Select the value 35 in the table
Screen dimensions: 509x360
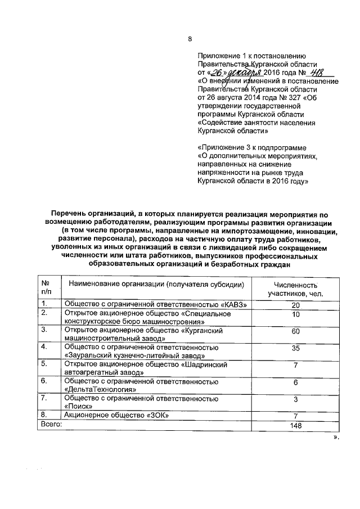[295, 349]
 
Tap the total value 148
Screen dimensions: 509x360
[295, 425]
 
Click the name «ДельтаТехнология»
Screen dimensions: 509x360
[101, 389]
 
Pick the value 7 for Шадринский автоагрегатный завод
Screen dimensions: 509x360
[295, 366]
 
